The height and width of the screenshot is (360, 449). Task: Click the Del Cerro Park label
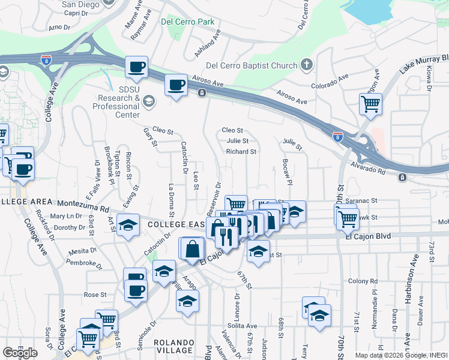click(188, 22)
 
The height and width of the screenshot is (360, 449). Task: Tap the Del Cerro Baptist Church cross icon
click(307, 65)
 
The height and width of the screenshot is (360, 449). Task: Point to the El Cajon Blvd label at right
click(368, 236)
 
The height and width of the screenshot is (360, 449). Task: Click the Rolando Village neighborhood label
click(174, 346)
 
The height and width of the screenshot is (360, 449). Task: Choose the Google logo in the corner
click(20, 353)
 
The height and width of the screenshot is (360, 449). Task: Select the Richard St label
click(241, 152)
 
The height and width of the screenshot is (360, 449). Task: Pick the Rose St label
click(95, 295)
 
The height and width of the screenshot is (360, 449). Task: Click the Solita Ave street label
click(243, 326)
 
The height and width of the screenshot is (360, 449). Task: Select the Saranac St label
click(365, 201)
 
